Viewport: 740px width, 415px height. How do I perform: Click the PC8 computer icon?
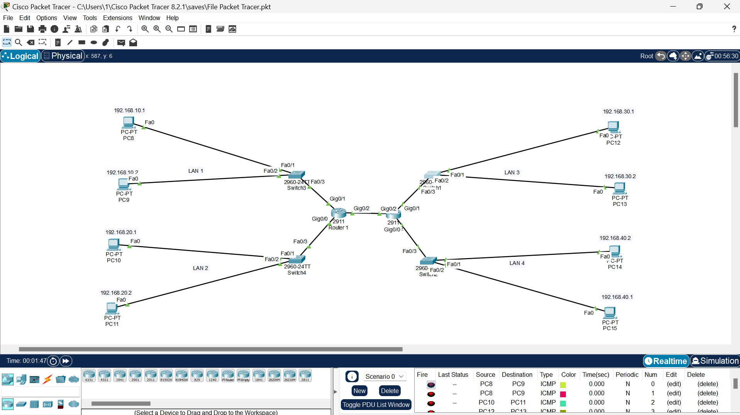pyautogui.click(x=128, y=123)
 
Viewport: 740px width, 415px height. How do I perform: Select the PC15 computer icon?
pyautogui.click(x=610, y=312)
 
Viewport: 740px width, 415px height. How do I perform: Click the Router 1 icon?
pyautogui.click(x=339, y=213)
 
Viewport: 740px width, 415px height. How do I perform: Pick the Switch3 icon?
pyautogui.click(x=296, y=175)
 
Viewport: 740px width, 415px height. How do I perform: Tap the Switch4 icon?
pyautogui.click(x=296, y=260)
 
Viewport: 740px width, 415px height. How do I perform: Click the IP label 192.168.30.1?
pyautogui.click(x=618, y=111)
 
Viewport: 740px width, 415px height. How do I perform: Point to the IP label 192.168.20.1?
pyautogui.click(x=121, y=232)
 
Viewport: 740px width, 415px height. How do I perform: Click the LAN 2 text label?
pyautogui.click(x=200, y=268)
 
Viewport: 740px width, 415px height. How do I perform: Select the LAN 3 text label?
pyautogui.click(x=512, y=172)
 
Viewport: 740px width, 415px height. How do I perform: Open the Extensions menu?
pyautogui.click(x=117, y=18)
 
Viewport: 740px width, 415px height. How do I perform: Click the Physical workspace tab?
pyautogui.click(x=63, y=56)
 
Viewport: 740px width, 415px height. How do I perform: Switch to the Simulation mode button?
pyautogui.click(x=715, y=361)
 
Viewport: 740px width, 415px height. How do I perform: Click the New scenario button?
pyautogui.click(x=359, y=391)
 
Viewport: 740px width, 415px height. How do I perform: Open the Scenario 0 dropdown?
pyautogui.click(x=384, y=376)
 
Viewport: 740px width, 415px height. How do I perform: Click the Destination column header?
pyautogui.click(x=517, y=375)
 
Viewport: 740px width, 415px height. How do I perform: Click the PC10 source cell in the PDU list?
pyautogui.click(x=486, y=402)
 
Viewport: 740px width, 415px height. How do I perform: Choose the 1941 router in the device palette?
pyautogui.click(x=120, y=375)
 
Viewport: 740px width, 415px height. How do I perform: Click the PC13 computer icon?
pyautogui.click(x=619, y=188)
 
